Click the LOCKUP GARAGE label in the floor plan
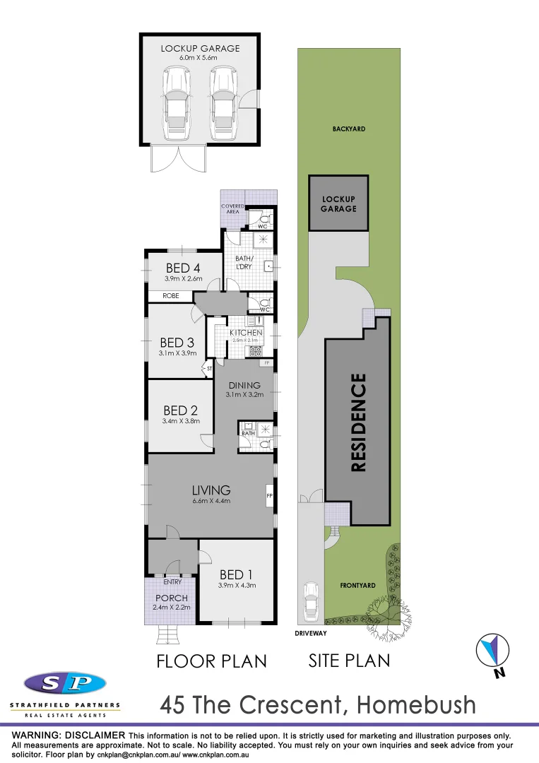pos(200,49)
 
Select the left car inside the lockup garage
pos(177,103)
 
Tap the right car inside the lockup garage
pos(223,103)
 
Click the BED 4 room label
pos(184,268)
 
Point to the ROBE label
pos(170,297)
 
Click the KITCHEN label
pos(246,333)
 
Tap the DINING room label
pos(244,386)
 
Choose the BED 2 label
pos(180,410)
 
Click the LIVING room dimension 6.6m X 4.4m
pos(211,501)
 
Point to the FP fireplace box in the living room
pos(269,496)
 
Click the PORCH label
pos(172,598)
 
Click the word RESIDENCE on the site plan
pos(358,422)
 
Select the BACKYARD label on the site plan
pos(349,129)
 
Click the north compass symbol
pos(492,651)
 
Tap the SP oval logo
pos(65,683)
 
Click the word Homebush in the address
pos(416,704)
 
